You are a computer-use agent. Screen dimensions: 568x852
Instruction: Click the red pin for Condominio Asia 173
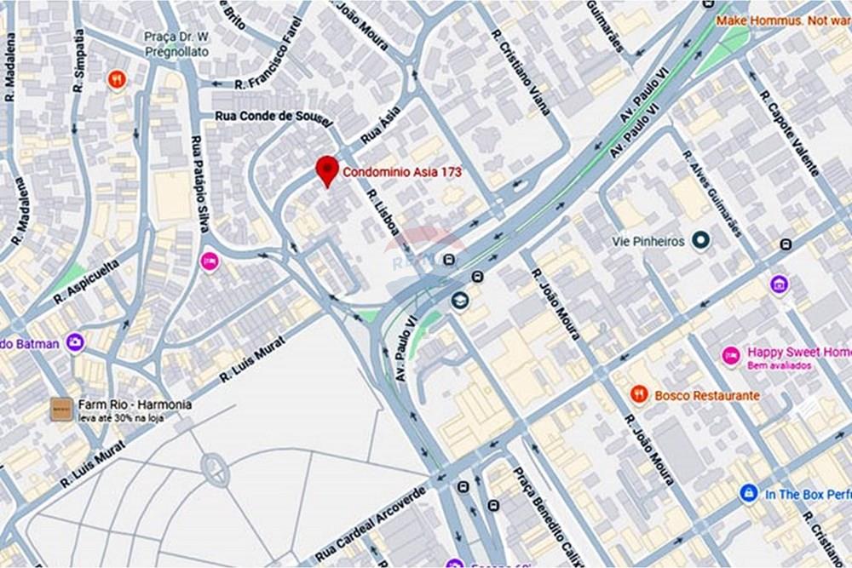click(x=326, y=169)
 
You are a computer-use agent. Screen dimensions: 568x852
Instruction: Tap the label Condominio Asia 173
click(x=403, y=172)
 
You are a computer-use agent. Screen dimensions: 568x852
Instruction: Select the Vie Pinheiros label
click(x=648, y=241)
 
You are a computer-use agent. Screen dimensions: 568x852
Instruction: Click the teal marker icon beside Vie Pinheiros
click(x=700, y=241)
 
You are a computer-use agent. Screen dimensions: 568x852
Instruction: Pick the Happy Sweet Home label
click(x=798, y=352)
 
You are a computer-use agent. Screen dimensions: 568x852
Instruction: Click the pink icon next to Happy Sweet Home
click(x=730, y=356)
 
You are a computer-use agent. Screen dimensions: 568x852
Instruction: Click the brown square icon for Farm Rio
click(x=60, y=410)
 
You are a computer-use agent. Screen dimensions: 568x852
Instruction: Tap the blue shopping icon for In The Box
click(x=749, y=493)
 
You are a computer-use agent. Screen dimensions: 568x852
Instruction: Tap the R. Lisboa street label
click(x=384, y=212)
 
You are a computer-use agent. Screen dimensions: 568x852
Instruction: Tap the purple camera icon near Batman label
click(x=75, y=342)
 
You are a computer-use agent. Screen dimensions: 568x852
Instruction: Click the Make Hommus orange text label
click(x=783, y=20)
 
